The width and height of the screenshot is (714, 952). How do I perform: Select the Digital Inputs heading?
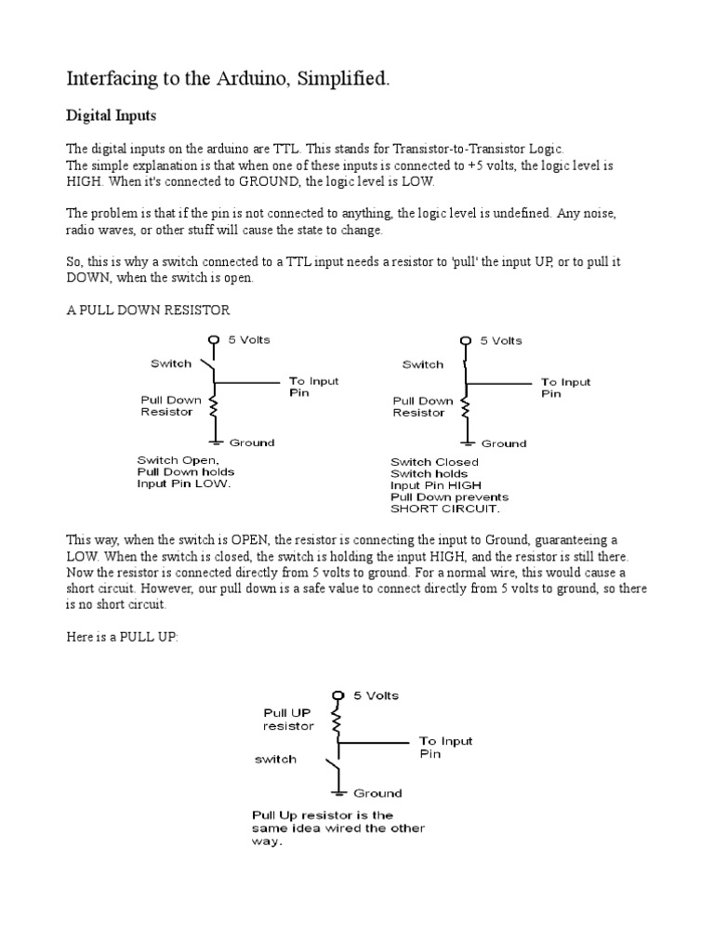[111, 116]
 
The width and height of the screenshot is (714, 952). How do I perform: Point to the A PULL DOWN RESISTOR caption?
[148, 310]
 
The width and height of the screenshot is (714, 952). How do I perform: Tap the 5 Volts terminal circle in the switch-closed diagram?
[468, 341]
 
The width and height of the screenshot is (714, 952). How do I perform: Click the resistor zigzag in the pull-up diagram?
[338, 722]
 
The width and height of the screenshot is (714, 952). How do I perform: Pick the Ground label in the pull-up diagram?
[377, 793]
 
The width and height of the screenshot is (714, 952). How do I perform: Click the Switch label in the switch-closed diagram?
[422, 364]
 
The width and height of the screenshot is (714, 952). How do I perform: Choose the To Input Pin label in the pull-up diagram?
[445, 747]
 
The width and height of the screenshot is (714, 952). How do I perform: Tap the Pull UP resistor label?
[288, 718]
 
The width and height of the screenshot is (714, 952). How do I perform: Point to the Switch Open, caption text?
[178, 460]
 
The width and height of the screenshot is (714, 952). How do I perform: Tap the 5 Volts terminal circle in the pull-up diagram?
[338, 694]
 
